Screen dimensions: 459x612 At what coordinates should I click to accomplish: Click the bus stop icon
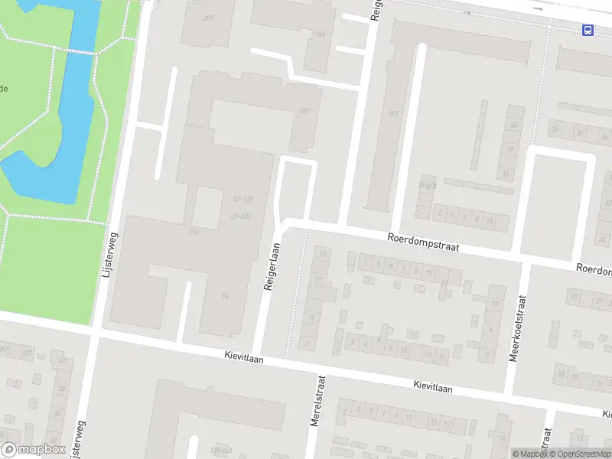(588, 30)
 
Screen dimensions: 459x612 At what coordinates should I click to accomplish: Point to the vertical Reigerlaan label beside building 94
(270, 266)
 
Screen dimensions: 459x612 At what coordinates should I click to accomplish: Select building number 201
(208, 18)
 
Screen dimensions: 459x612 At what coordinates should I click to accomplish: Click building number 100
(304, 112)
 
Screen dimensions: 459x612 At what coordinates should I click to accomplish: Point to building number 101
(394, 114)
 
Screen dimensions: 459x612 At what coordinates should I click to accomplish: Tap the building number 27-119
(243, 198)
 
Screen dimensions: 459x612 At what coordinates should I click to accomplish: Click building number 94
(226, 295)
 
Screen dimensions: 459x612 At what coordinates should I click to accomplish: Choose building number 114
(194, 232)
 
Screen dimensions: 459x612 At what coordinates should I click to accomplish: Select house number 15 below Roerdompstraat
(324, 253)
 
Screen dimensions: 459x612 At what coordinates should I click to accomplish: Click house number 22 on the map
(514, 124)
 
